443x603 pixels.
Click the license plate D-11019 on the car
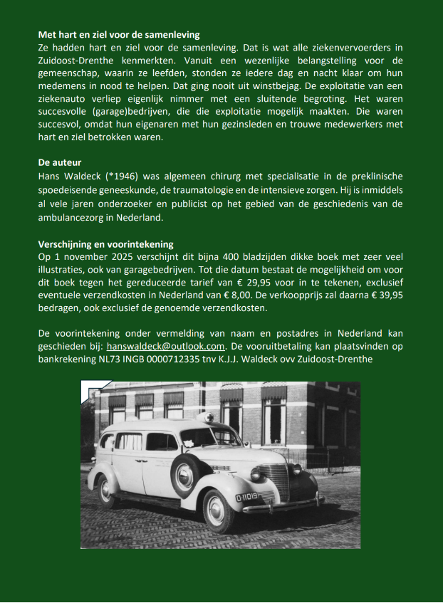247,497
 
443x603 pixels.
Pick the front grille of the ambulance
273,482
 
